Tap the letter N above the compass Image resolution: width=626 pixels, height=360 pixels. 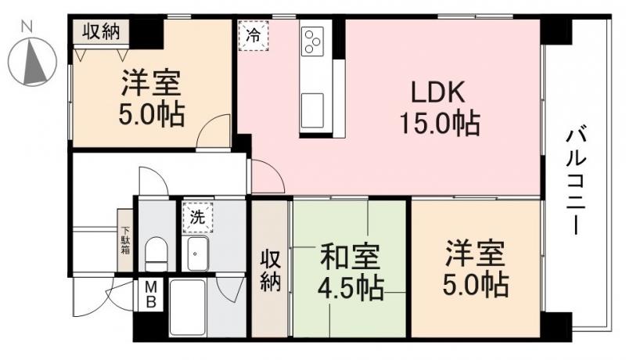pyautogui.click(x=27, y=25)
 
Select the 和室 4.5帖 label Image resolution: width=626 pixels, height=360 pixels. pyautogui.click(x=350, y=272)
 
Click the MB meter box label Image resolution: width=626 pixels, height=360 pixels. pyautogui.click(x=150, y=295)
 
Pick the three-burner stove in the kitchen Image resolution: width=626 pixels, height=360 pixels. pyautogui.click(x=314, y=40)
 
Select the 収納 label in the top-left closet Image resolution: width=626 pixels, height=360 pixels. pyautogui.click(x=101, y=32)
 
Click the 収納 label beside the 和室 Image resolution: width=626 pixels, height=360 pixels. pyautogui.click(x=270, y=270)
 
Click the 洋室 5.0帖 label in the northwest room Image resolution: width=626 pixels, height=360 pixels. pyautogui.click(x=152, y=98)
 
